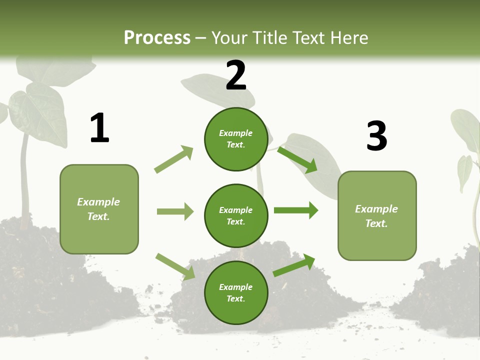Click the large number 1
[x=99, y=128]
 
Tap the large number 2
[x=236, y=76]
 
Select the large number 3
[x=376, y=136]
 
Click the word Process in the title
[x=157, y=37]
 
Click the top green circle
[x=236, y=139]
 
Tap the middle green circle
[x=236, y=215]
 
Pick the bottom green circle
[x=236, y=292]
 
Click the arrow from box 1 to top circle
[x=174, y=159]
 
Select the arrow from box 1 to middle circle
[x=175, y=211]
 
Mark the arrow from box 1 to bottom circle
[x=175, y=266]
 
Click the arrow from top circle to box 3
[x=297, y=159]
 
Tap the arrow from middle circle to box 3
[x=296, y=210]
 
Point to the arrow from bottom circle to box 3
[x=294, y=265]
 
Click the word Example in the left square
[x=98, y=202]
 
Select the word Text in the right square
[x=375, y=223]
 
